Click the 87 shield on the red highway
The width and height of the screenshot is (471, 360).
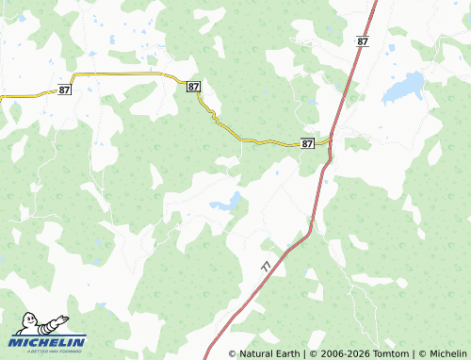click(x=363, y=41)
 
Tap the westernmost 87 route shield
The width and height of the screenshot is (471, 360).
click(x=64, y=90)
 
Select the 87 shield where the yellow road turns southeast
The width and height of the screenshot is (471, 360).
click(x=193, y=87)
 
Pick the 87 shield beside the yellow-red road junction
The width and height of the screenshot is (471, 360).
click(x=308, y=143)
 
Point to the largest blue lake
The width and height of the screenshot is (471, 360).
click(x=402, y=88)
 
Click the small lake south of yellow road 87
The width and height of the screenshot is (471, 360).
click(x=225, y=203)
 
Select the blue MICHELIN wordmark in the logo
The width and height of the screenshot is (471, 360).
click(x=48, y=341)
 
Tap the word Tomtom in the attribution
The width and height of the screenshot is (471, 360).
click(x=392, y=353)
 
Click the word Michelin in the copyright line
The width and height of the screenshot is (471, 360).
click(x=447, y=353)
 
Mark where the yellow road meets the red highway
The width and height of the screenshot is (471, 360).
click(x=330, y=141)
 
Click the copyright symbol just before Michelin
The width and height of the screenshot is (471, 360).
click(x=422, y=353)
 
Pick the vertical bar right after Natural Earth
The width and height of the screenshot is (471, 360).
click(x=302, y=353)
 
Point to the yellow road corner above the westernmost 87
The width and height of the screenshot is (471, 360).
click(x=73, y=74)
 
